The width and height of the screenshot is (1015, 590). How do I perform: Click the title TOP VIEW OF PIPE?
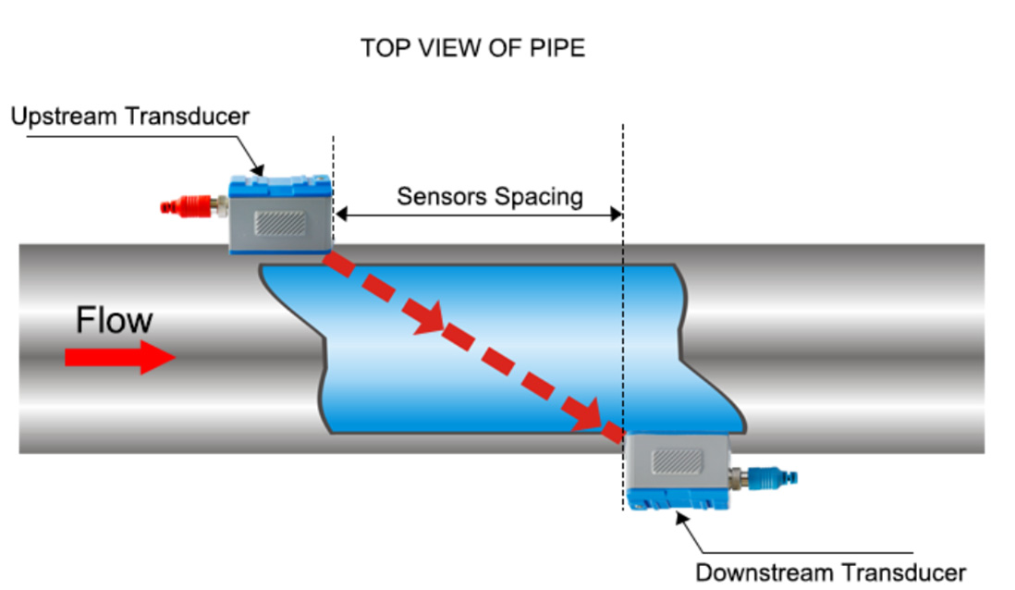point(472,48)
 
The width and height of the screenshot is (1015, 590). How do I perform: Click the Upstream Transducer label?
point(130,117)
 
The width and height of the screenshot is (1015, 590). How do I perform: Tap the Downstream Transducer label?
point(830,571)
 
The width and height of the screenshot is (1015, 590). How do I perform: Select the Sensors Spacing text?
point(490,196)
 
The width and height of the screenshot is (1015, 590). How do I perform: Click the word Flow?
point(114,321)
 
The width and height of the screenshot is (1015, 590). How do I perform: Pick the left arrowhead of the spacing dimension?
point(339,215)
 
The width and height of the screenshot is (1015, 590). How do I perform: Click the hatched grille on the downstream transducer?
point(677,460)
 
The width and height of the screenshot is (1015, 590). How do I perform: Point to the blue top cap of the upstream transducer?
point(279,185)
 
